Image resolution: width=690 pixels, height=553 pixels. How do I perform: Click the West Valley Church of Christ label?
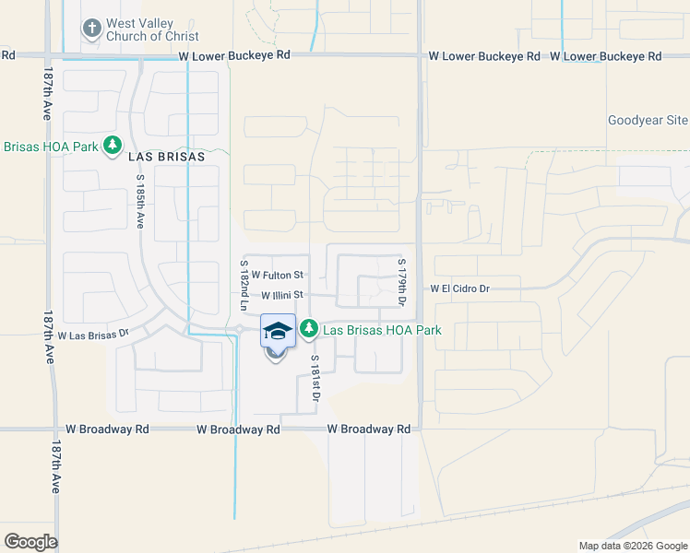pos(140,29)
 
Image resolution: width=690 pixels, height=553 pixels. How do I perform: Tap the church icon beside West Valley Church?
pos(91,29)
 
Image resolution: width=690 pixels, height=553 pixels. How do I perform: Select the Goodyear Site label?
pos(648,121)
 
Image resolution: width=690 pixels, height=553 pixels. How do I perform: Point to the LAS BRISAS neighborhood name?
pos(165,157)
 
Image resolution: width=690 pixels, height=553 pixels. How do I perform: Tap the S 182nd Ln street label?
pos(244,284)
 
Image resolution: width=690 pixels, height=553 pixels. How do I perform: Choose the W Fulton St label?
pos(277,275)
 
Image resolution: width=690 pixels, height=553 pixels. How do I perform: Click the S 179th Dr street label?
pos(402,282)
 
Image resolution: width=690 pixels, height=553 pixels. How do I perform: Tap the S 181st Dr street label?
pos(315,378)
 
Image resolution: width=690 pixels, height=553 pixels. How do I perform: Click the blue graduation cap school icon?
pos(278,330)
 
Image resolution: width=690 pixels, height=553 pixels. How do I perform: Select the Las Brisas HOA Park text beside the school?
pos(382,330)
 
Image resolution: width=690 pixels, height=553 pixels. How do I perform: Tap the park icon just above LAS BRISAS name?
pos(113,145)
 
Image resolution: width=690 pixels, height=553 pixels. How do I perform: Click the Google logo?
pos(30,542)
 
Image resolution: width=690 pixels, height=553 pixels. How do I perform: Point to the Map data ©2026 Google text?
pos(632,546)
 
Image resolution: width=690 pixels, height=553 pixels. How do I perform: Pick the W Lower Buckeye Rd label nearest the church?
pos(234,55)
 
